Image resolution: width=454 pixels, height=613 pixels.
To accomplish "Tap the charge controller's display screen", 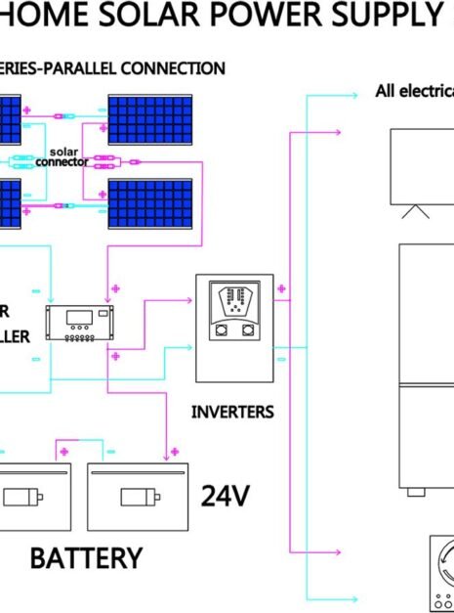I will pyautogui.click(x=80, y=317).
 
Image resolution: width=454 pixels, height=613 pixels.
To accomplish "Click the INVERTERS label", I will pyautogui.click(x=232, y=412).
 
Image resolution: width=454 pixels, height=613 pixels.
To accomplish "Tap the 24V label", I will pyautogui.click(x=226, y=497).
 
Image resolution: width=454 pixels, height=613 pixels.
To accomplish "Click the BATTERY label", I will pyautogui.click(x=86, y=558).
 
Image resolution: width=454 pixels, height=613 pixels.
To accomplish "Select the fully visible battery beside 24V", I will pyautogui.click(x=138, y=496).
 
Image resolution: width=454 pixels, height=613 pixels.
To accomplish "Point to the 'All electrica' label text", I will pyautogui.click(x=415, y=92).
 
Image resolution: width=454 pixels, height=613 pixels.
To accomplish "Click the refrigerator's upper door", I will pyautogui.click(x=427, y=313).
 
